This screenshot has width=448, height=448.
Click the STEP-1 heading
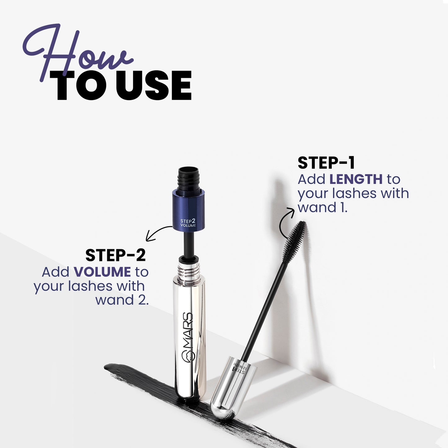326,163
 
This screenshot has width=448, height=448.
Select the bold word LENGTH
356,179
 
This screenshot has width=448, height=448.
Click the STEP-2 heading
115,255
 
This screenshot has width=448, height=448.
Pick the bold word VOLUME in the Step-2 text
102,272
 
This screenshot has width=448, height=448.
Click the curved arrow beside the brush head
286,222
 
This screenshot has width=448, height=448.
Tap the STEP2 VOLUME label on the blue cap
188,223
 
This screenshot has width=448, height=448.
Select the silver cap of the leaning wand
234,388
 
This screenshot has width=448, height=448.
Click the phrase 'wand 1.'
322,207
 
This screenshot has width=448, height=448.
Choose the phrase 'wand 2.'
122,300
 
